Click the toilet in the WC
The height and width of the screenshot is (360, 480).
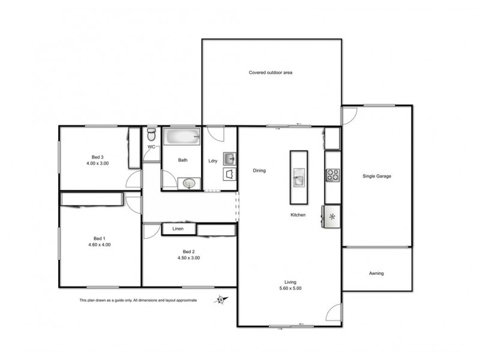click(151, 133)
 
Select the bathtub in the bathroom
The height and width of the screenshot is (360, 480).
click(182, 137)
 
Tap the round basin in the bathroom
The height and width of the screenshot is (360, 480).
click(190, 183)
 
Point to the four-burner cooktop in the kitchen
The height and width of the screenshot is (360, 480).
click(332, 175)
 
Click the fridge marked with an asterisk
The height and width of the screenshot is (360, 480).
click(331, 216)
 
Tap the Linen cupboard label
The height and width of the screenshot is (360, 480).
click(178, 229)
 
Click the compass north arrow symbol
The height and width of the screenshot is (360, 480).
click(221, 299)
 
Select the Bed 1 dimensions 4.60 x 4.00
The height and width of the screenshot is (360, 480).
click(99, 245)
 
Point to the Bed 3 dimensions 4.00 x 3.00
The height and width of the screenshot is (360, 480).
click(97, 163)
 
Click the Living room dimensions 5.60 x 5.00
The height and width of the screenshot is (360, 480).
click(290, 288)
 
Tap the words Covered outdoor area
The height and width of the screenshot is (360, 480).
click(271, 73)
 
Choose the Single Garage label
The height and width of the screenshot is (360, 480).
click(377, 176)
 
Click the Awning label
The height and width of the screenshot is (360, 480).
click(376, 274)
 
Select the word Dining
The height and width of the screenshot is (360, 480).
click(259, 170)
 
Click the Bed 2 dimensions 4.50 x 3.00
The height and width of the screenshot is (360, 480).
click(188, 258)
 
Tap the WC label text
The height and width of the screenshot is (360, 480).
click(151, 146)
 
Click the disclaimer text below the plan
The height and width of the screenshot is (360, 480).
click(138, 300)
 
